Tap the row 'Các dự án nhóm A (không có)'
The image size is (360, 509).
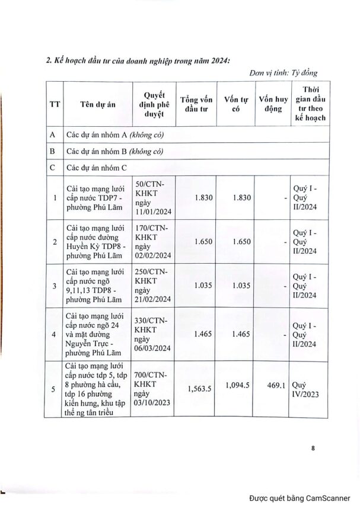click(114, 135)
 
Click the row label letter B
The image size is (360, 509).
click(52, 151)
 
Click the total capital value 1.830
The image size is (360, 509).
click(202, 197)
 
